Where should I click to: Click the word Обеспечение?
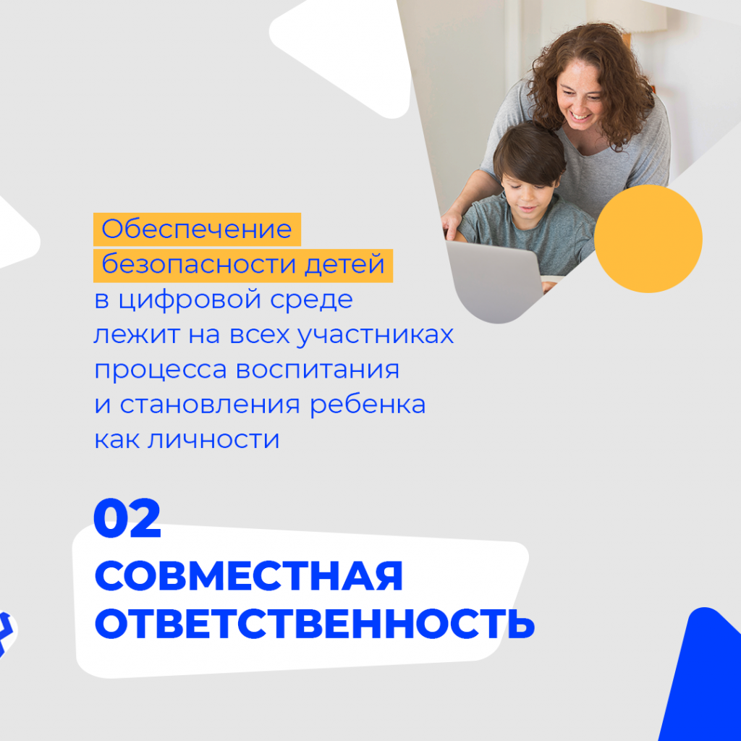(197, 229)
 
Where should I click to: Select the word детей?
(344, 264)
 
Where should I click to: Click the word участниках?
(376, 334)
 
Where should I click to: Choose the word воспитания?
(317, 370)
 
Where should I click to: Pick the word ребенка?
(368, 404)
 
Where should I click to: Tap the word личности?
(213, 439)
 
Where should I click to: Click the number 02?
(127, 518)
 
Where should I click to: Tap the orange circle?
(648, 239)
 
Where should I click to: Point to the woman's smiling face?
(580, 97)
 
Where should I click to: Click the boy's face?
(528, 196)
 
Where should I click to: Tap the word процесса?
(161, 370)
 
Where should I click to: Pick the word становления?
(210, 405)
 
